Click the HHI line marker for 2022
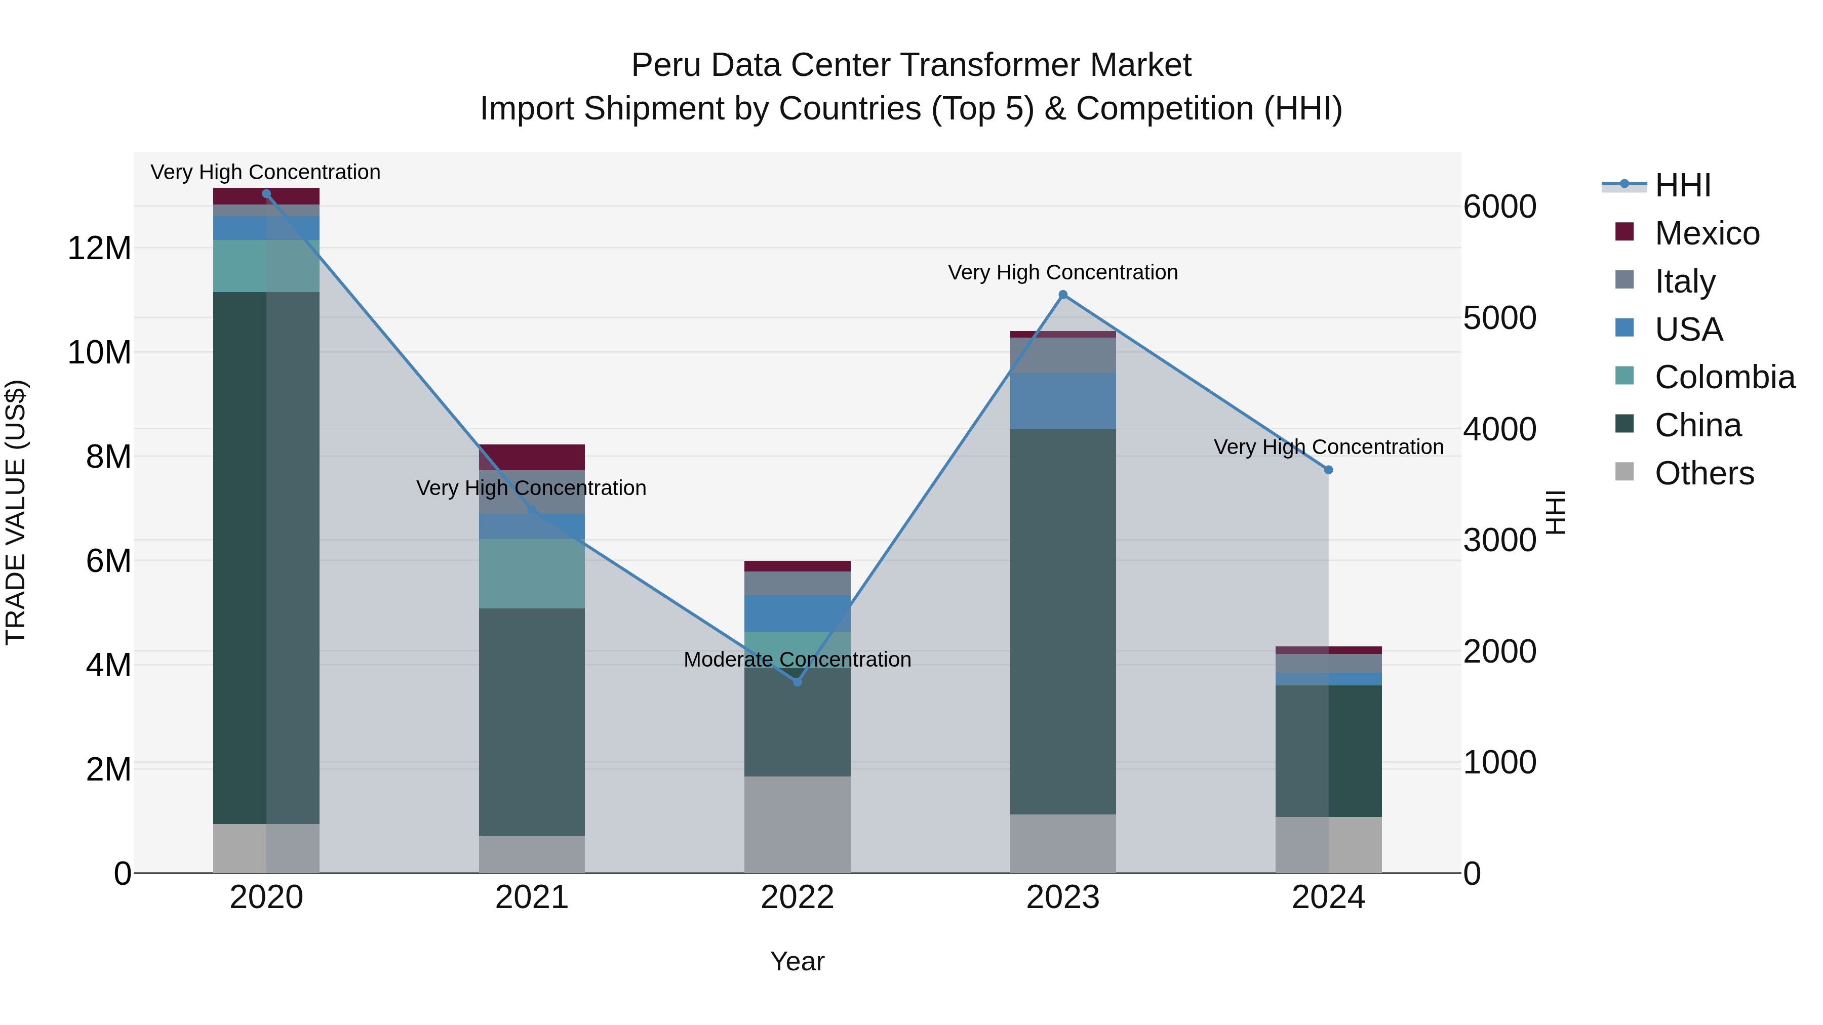[797, 681]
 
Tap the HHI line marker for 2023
[1062, 294]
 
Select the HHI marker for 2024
[1328, 470]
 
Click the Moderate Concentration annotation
[797, 659]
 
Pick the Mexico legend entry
[1706, 233]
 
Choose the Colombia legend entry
[1724, 377]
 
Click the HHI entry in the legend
[1682, 185]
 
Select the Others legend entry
[1703, 473]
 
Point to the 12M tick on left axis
[99, 249]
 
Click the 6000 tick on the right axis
[1499, 207]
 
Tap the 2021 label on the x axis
[532, 897]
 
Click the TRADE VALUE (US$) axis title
[16, 512]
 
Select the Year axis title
[797, 961]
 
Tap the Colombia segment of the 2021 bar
[532, 573]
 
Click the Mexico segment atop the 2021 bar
[532, 457]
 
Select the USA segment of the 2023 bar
[1062, 401]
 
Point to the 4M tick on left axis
[107, 665]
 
